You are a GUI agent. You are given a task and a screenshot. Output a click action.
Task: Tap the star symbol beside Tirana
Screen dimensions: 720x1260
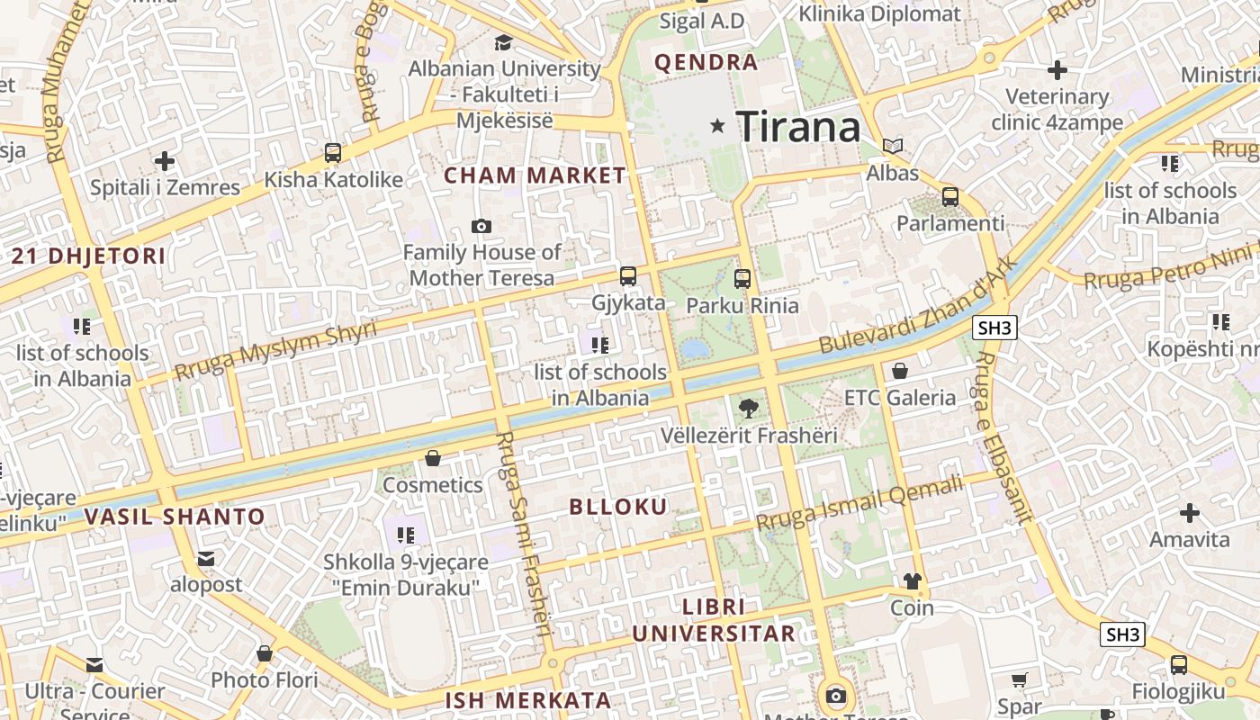(717, 126)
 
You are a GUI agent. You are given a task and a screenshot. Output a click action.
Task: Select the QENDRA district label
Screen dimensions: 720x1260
(706, 62)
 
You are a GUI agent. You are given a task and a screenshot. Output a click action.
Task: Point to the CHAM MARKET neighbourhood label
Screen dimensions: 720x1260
(535, 175)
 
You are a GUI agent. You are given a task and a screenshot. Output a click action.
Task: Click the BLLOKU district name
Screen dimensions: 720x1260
(618, 507)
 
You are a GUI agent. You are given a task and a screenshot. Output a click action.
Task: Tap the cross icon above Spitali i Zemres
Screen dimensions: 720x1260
(165, 161)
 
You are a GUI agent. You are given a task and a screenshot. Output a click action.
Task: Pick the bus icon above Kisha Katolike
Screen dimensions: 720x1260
(333, 153)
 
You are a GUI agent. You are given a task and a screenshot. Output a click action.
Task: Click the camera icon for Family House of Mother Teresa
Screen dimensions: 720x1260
(481, 226)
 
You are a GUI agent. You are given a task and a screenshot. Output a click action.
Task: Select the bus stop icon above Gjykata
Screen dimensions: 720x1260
(628, 276)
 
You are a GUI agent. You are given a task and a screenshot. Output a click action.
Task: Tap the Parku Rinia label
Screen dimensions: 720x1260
(742, 305)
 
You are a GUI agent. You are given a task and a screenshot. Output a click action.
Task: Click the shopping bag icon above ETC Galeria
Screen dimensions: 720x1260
(899, 371)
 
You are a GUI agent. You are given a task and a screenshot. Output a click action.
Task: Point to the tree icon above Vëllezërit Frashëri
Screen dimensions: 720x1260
(748, 409)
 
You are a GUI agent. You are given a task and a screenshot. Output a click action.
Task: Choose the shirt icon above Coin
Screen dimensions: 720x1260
(913, 581)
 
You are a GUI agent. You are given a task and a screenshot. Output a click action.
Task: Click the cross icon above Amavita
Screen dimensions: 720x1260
(1190, 513)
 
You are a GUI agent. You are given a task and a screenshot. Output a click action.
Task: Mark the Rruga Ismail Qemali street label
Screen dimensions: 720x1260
(859, 504)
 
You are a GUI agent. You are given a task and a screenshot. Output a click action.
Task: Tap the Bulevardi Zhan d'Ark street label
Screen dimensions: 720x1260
(918, 306)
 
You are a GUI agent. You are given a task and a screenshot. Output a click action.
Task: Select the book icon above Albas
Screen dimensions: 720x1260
(893, 146)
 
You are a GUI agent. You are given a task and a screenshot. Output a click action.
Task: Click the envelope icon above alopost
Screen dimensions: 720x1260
(206, 559)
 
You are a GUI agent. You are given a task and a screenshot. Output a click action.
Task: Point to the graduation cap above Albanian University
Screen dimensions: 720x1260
(504, 42)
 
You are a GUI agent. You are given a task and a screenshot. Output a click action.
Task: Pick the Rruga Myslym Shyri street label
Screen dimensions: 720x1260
(275, 350)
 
